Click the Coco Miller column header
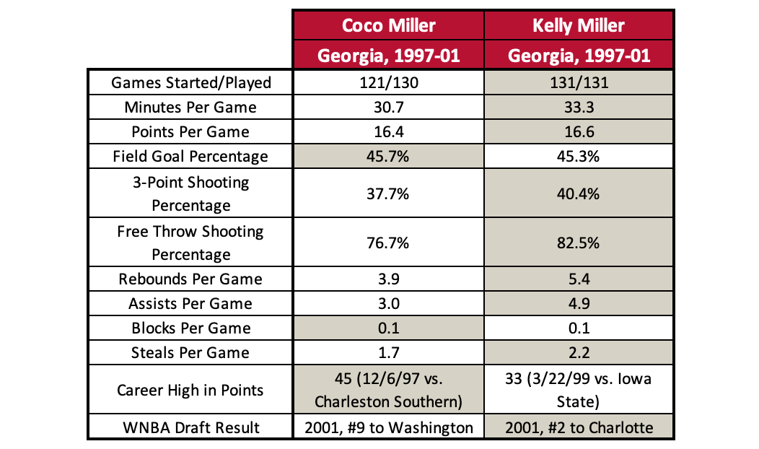click(388, 26)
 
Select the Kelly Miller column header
click(579, 26)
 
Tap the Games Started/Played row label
click(191, 82)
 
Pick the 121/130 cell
click(388, 82)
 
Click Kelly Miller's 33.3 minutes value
click(579, 107)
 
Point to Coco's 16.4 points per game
click(388, 131)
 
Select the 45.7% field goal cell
click(388, 156)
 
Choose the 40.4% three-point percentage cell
click(579, 193)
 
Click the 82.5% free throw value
click(579, 243)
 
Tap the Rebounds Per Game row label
click(191, 279)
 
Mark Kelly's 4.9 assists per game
click(579, 304)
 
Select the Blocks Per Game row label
click(191, 328)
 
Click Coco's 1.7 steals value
click(388, 353)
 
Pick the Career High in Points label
click(191, 391)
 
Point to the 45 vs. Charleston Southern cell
click(388, 391)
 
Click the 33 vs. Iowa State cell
click(579, 391)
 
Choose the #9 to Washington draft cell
click(388, 427)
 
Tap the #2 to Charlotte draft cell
click(579, 427)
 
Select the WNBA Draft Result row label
click(191, 427)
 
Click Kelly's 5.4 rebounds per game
click(579, 279)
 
